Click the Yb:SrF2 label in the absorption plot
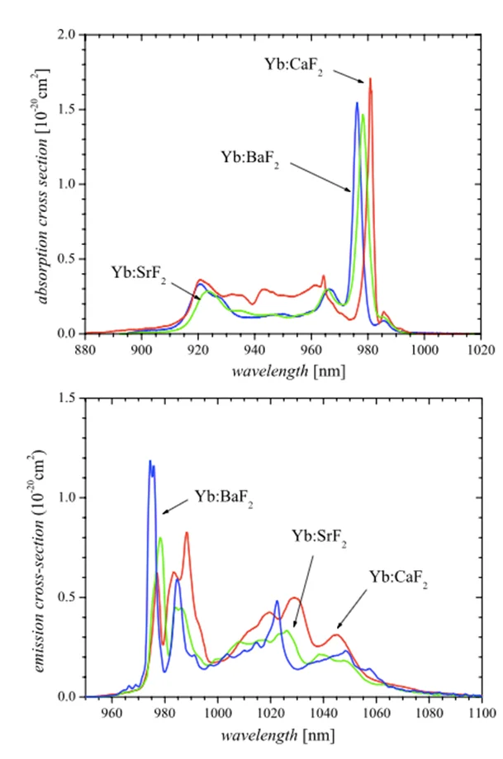(x=139, y=273)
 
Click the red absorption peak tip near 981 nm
(x=370, y=79)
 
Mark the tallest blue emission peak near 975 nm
(x=150, y=461)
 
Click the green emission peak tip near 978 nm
(x=160, y=538)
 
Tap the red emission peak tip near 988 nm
(x=187, y=532)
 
